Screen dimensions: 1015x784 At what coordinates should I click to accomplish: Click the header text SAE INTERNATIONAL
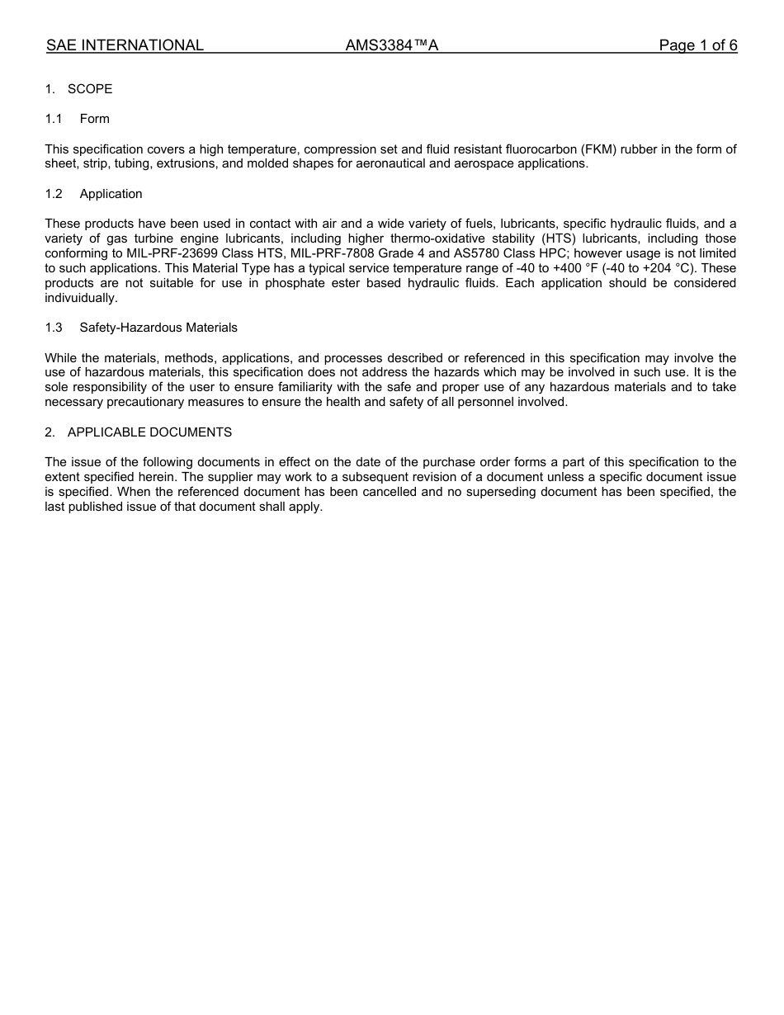click(125, 45)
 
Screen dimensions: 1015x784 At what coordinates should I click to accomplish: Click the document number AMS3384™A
click(391, 45)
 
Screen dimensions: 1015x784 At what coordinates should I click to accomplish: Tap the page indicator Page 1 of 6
click(697, 45)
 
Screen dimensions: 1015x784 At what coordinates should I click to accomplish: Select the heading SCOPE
click(90, 89)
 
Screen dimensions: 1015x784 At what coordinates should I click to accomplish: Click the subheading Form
click(94, 119)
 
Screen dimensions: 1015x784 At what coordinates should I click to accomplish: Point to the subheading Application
click(111, 194)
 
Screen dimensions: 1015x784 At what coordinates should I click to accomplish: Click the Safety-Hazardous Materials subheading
click(158, 328)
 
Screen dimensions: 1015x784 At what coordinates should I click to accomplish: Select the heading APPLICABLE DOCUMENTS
click(149, 432)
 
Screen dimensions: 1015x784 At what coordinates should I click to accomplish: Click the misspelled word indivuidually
click(81, 298)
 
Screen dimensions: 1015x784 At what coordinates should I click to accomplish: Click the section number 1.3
click(54, 328)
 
